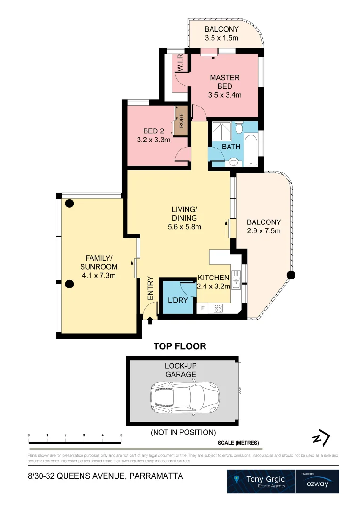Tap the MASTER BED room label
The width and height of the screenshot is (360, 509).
click(224, 82)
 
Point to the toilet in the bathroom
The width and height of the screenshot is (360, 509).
click(239, 129)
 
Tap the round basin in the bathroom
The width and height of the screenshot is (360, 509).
click(233, 163)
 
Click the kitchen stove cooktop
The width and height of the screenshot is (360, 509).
click(219, 309)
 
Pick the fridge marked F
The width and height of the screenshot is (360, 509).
click(203, 309)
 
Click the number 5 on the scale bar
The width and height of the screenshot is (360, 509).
click(121, 435)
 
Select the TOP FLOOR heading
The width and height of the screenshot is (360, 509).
click(180, 346)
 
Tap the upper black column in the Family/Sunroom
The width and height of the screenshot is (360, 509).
click(70, 204)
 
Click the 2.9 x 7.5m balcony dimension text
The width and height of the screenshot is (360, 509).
click(264, 231)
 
